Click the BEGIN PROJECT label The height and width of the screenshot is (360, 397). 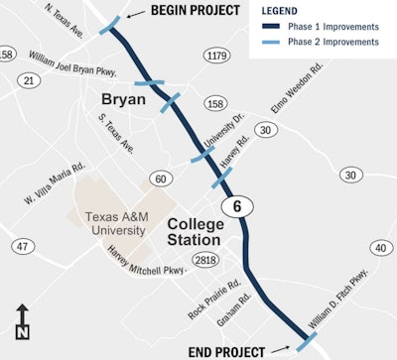pyautogui.click(x=195, y=11)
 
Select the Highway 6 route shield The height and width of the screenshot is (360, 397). pyautogui.click(x=236, y=204)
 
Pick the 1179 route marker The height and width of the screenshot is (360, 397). pyautogui.click(x=217, y=57)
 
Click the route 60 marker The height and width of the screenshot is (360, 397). pyautogui.click(x=159, y=179)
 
